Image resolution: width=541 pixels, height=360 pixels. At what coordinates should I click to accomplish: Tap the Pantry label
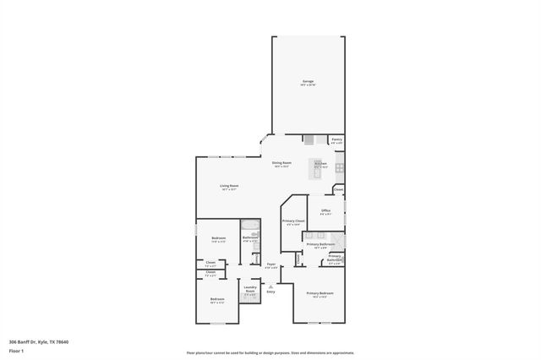pos(336,140)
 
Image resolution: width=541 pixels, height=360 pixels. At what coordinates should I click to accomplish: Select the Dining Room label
pos(281,164)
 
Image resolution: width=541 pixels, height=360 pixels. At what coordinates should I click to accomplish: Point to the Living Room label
pos(229,188)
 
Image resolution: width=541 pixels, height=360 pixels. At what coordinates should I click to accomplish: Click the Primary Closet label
pos(292,222)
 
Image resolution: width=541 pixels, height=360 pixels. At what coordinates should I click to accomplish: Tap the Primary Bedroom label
pos(320,295)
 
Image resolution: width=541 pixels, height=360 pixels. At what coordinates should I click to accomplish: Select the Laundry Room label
pos(251,291)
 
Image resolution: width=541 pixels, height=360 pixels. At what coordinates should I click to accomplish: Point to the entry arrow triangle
pos(271,285)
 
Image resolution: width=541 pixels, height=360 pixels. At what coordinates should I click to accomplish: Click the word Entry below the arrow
pos(271,292)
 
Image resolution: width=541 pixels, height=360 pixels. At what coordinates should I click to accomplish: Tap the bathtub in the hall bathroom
pos(251,226)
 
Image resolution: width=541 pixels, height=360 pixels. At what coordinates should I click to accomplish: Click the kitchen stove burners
pos(339,167)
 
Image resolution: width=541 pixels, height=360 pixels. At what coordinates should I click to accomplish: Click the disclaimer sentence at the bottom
pos(270,353)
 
